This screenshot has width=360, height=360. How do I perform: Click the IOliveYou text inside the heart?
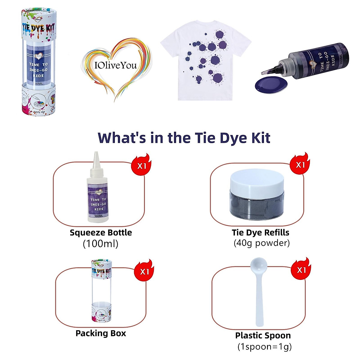point(115,65)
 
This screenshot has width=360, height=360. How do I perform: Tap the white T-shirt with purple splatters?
point(205,60)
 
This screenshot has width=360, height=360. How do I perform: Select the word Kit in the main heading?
point(260,138)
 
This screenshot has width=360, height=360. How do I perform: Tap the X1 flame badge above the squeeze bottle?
point(141,165)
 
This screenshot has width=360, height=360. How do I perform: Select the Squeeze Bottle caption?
point(101,233)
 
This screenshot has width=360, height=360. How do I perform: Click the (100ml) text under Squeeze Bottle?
point(100,244)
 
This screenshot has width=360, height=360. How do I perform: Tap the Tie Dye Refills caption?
point(260,233)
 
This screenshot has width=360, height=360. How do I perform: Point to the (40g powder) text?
point(262,243)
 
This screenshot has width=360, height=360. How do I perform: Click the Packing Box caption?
point(101,334)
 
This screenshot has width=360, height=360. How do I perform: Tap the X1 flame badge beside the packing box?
point(144,271)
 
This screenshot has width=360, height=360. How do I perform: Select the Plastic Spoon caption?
point(263,336)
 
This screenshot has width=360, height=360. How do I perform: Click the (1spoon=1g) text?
point(265,347)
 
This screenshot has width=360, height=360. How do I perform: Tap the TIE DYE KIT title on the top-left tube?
point(38,28)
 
